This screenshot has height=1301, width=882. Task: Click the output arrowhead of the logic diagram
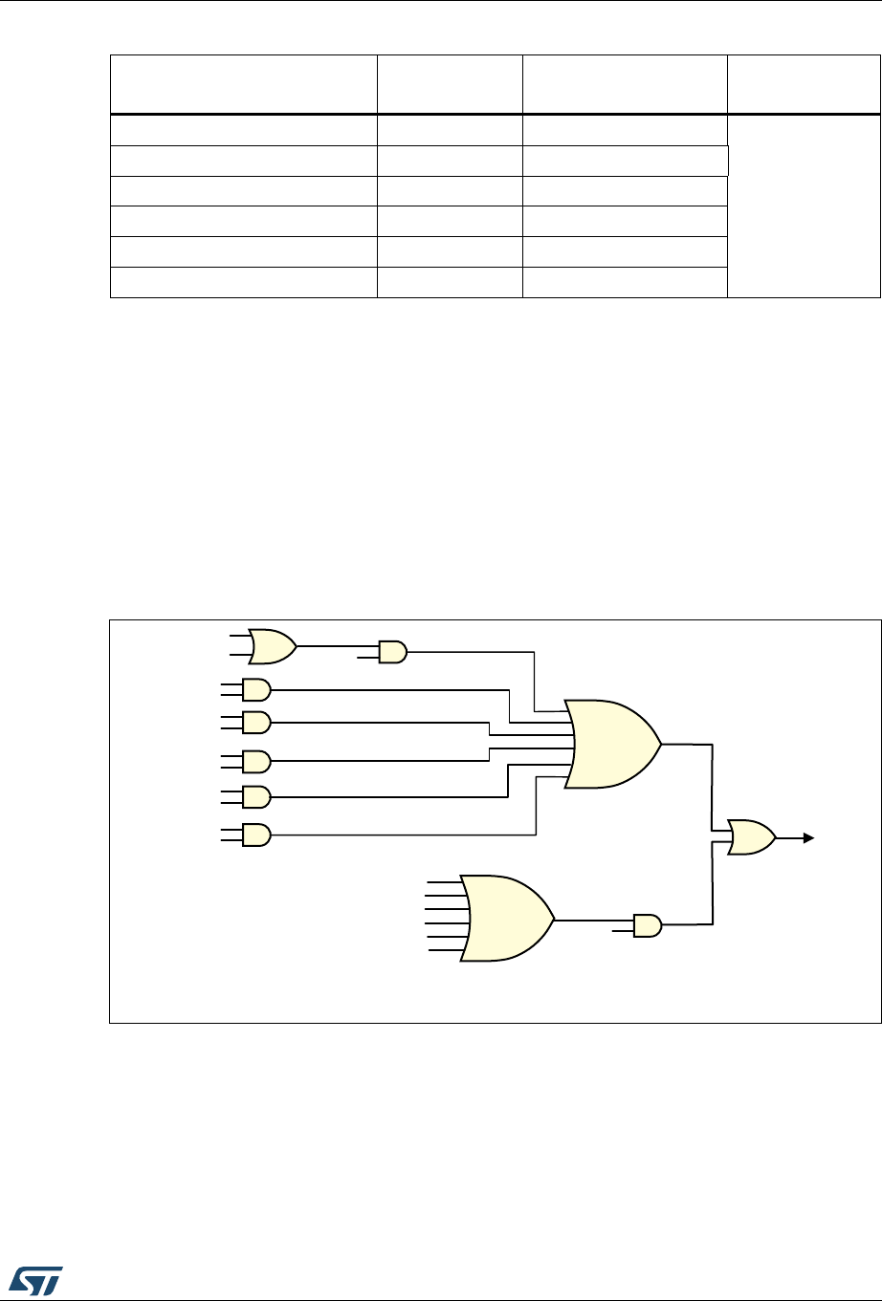808,838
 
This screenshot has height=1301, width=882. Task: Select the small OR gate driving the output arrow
751,837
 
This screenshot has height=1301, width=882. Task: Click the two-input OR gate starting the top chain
272,646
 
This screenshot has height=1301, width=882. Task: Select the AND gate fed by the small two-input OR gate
392,653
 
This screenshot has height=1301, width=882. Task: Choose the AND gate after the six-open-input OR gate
648,925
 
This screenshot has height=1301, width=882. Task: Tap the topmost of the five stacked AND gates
256,688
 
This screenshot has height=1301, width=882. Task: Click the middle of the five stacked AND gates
256,762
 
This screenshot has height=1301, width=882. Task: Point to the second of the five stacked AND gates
256,721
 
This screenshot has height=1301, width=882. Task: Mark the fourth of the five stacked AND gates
256,796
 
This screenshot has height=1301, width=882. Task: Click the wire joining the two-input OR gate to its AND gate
337,646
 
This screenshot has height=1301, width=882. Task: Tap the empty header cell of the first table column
244,85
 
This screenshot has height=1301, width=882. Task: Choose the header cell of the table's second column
450,85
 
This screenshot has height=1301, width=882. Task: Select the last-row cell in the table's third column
625,283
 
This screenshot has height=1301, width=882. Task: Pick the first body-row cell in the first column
244,130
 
